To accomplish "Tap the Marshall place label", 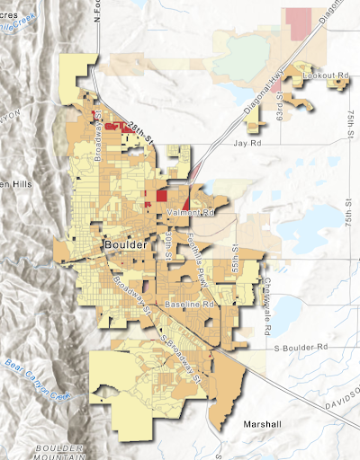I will click(259, 423).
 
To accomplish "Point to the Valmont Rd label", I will click(192, 213).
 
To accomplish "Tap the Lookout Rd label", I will click(325, 75).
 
